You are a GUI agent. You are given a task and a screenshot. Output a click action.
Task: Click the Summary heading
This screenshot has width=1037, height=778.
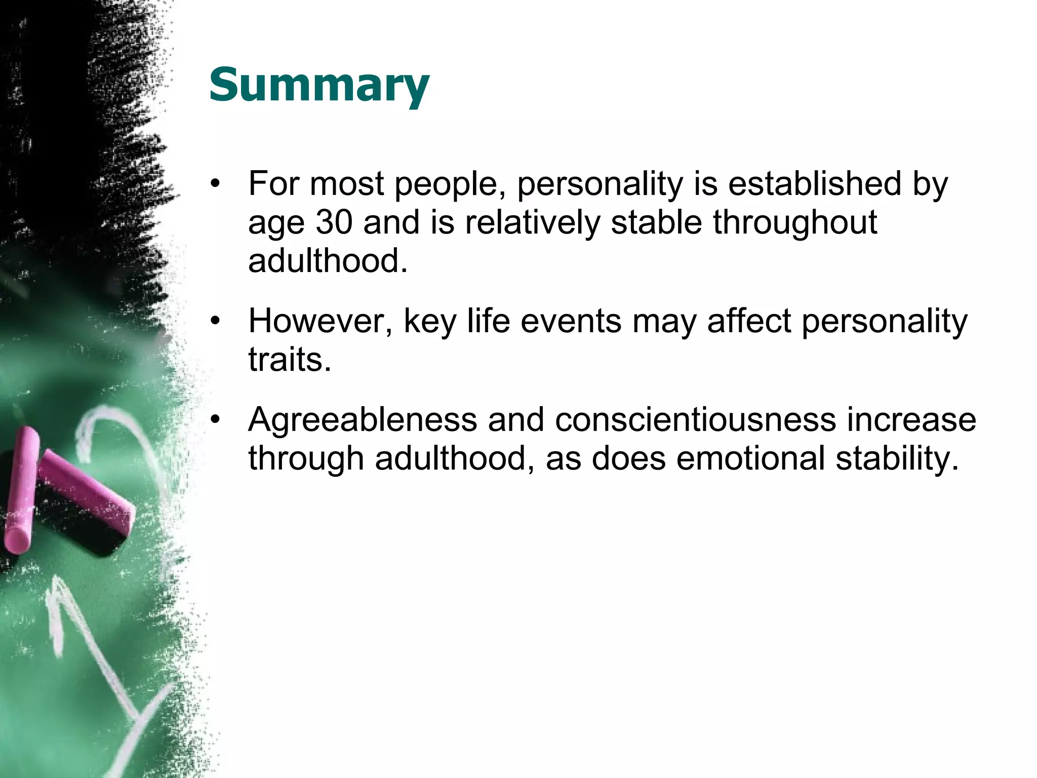tap(319, 85)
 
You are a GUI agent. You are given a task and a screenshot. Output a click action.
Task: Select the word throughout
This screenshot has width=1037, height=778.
tap(795, 222)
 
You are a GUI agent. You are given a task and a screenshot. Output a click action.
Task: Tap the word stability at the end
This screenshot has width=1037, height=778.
tap(897, 458)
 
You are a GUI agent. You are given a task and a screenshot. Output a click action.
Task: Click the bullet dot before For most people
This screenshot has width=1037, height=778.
tap(216, 184)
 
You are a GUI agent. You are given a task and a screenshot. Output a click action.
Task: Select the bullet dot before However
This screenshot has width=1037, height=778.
tap(216, 322)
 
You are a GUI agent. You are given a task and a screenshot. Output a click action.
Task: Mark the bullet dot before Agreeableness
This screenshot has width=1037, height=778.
tap(216, 420)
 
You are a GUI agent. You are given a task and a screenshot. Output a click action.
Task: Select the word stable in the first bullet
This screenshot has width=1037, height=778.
tap(656, 222)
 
